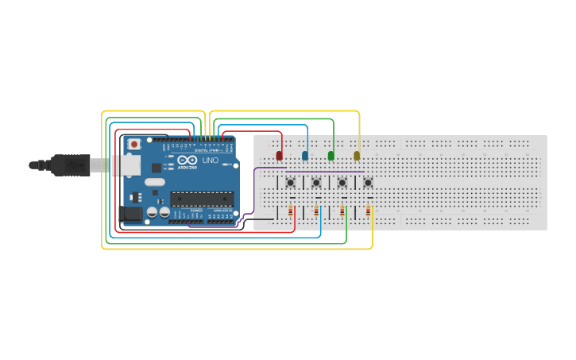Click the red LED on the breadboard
tap(279, 156)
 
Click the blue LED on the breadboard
tap(305, 156)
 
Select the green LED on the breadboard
tap(331, 156)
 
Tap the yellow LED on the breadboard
tap(357, 156)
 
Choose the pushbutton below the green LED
tap(342, 183)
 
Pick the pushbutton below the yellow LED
tap(368, 183)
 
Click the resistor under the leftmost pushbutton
tap(291, 211)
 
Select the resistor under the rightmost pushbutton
tap(369, 211)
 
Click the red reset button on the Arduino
tap(134, 144)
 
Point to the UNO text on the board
tap(210, 161)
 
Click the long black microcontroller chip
tap(202, 199)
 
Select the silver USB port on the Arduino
tap(127, 165)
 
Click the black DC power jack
tap(129, 213)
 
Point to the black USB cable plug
tap(72, 165)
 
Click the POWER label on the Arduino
tap(196, 210)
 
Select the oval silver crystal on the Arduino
tap(155, 183)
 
